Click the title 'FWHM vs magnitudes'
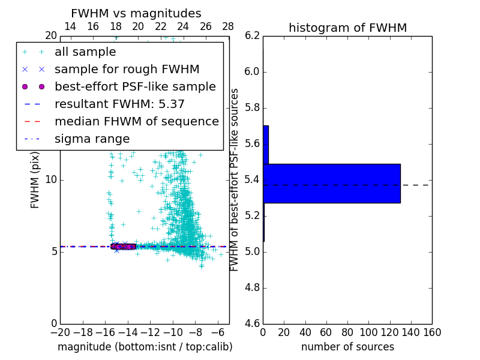[x=136, y=13]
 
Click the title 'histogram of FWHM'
[x=347, y=28]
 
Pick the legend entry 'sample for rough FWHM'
[x=127, y=69]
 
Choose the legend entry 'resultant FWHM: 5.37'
[x=119, y=104]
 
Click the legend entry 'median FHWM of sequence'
[x=136, y=121]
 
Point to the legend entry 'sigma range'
[x=92, y=139]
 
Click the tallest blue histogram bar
[x=331, y=183]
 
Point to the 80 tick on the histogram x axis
[x=347, y=332]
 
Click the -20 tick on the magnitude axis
[x=60, y=332]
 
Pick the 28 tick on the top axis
[x=228, y=26]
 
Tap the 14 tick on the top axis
[x=70, y=26]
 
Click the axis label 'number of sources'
[x=347, y=347]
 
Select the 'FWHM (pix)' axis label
[x=35, y=180]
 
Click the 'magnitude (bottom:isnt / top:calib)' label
[x=145, y=347]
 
